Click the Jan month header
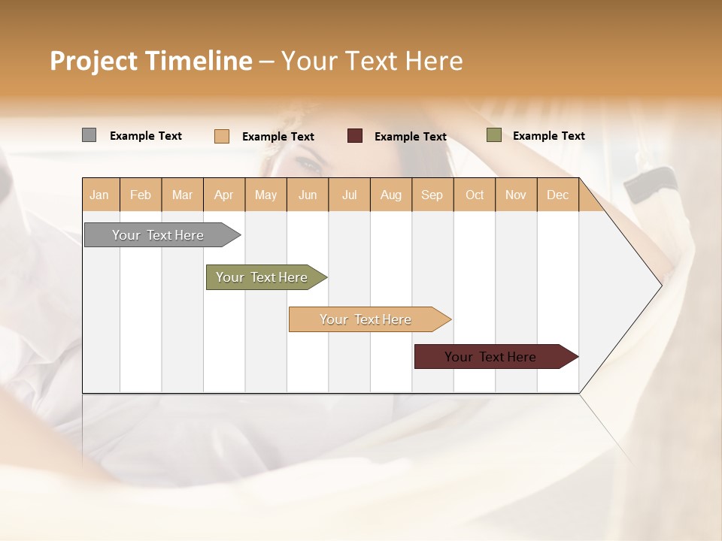[x=99, y=195]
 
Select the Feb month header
[x=141, y=195]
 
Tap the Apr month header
[x=223, y=195]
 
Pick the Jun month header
[x=308, y=195]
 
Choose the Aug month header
[x=390, y=195]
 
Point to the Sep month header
[x=432, y=195]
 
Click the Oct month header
[x=475, y=195]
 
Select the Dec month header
[x=557, y=195]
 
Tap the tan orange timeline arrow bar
[x=366, y=319]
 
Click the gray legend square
[x=89, y=135]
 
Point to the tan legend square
[x=222, y=136]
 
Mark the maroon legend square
[x=355, y=136]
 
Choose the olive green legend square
[x=493, y=135]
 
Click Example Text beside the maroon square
[x=410, y=137]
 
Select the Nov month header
[x=516, y=195]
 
